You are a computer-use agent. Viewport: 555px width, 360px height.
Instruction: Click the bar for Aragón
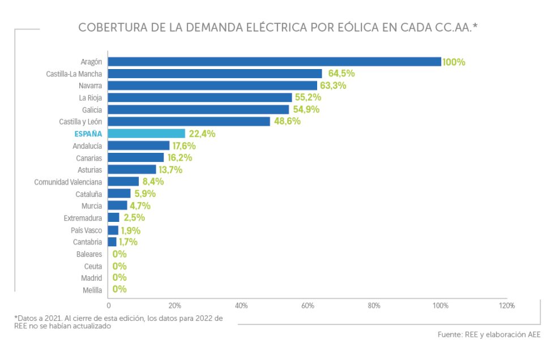pyautogui.click(x=274, y=62)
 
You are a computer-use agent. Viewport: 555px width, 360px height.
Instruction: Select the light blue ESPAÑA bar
pyautogui.click(x=147, y=134)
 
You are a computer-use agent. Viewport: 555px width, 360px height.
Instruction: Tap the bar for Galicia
pyautogui.click(x=198, y=109)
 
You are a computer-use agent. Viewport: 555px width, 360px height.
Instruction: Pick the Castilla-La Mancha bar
pyautogui.click(x=215, y=74)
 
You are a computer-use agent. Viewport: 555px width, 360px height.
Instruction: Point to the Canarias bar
pyautogui.click(x=136, y=157)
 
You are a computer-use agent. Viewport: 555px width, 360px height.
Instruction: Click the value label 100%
pyautogui.click(x=454, y=62)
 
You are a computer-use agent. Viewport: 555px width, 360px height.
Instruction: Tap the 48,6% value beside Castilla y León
pyautogui.click(x=287, y=121)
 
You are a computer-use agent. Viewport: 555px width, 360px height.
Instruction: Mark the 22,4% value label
pyautogui.click(x=201, y=134)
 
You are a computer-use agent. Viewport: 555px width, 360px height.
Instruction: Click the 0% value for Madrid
pyautogui.click(x=119, y=277)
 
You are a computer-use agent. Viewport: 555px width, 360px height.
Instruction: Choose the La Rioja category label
pyautogui.click(x=91, y=97)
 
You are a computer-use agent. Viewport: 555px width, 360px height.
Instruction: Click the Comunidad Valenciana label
pyautogui.click(x=68, y=182)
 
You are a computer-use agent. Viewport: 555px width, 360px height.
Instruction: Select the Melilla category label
pyautogui.click(x=92, y=290)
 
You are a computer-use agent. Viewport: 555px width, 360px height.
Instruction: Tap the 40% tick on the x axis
pyautogui.click(x=241, y=306)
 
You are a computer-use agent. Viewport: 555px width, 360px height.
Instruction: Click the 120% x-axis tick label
pyautogui.click(x=507, y=306)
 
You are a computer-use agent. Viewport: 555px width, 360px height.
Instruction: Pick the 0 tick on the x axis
pyautogui.click(x=109, y=306)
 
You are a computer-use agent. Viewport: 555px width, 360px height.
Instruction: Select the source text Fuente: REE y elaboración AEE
pyautogui.click(x=489, y=335)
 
